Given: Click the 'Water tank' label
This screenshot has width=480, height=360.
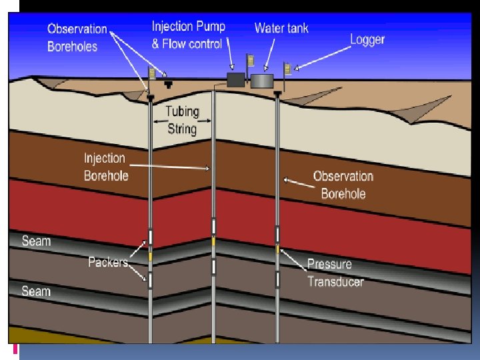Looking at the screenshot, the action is (x=281, y=28).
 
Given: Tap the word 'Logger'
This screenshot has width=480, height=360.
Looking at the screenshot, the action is (x=367, y=39).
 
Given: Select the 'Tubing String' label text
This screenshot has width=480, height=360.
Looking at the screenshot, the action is (x=181, y=120).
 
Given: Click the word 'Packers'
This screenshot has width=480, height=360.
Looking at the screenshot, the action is (x=108, y=262).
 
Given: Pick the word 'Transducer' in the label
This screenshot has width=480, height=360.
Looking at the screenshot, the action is (x=335, y=281).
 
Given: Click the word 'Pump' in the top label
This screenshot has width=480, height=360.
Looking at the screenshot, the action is (x=207, y=27).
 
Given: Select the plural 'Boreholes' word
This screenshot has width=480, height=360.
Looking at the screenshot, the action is (x=72, y=46).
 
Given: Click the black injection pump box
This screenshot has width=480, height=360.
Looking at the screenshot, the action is (x=236, y=80).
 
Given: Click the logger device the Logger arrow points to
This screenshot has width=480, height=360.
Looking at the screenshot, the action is (x=288, y=68).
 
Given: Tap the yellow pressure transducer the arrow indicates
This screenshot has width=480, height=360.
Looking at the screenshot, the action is (x=277, y=249).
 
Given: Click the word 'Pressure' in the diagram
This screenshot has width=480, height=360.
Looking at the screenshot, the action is (x=329, y=264).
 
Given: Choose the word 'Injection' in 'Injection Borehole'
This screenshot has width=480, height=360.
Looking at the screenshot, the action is (x=105, y=159).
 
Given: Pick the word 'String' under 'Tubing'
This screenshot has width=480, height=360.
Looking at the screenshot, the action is (x=181, y=128).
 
